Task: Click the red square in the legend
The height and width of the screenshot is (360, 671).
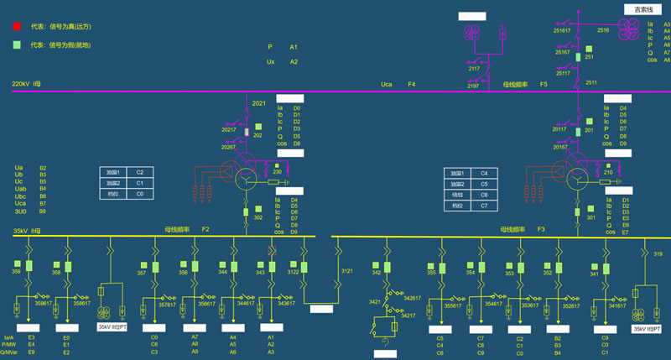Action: coord(17,27)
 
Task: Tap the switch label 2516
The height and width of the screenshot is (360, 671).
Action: coord(603,30)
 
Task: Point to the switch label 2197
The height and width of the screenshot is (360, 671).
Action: coord(474,86)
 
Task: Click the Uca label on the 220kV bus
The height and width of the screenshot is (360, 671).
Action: coord(387,84)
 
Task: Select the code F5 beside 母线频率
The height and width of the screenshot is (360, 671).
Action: coord(544,84)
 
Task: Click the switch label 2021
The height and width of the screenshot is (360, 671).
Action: coord(258,104)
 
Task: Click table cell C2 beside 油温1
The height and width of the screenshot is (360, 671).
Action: coord(140,171)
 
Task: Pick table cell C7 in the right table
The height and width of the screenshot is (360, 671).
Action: coord(484,205)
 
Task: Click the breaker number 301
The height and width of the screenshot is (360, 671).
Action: coord(590,217)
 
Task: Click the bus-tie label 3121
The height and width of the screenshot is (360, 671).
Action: coord(346,271)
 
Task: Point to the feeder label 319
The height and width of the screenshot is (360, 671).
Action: coord(658,253)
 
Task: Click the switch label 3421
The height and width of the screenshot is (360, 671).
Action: coord(376,301)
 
